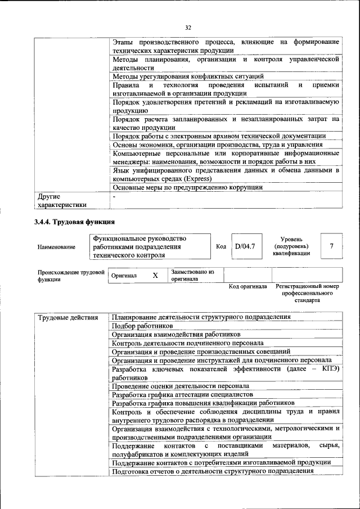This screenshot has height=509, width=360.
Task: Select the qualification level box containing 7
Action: click(x=331, y=246)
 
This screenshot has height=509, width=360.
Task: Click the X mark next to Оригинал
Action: click(x=155, y=276)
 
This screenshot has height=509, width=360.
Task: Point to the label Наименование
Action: click(x=56, y=247)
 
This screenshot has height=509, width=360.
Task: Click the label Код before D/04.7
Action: click(x=221, y=246)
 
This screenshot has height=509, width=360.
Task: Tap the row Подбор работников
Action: click(x=142, y=326)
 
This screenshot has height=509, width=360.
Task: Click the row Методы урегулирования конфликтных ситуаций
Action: click(x=188, y=76)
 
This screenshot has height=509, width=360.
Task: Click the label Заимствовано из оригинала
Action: click(x=193, y=275)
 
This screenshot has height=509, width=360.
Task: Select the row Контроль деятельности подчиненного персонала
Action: click(x=188, y=343)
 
